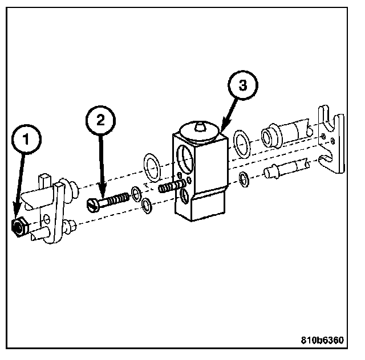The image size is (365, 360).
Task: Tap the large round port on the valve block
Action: click(x=185, y=155)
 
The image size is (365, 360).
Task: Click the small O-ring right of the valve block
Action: click(x=244, y=179)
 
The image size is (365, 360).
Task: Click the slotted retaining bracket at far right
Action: click(x=331, y=142)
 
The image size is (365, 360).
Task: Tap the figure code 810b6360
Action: click(x=323, y=341)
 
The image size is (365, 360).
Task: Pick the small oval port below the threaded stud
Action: click(x=184, y=197)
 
